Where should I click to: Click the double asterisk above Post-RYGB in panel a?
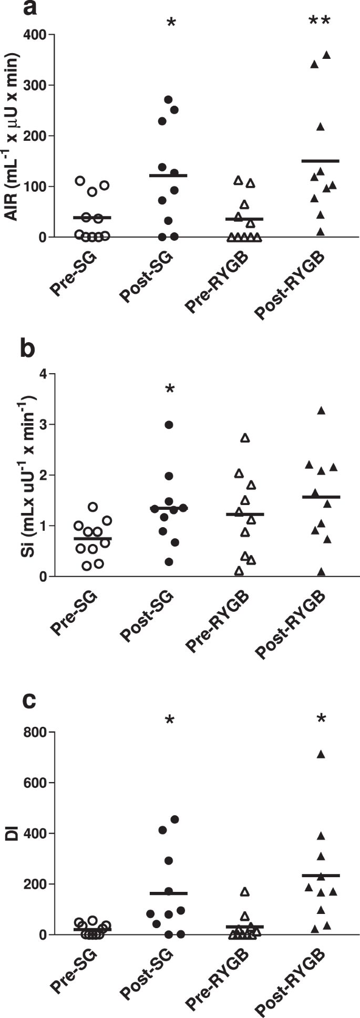(x=320, y=23)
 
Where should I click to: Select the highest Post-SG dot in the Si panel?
(x=169, y=425)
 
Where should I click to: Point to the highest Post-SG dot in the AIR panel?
(x=169, y=99)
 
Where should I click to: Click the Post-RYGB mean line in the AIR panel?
(x=320, y=161)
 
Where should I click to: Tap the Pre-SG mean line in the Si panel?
(x=92, y=539)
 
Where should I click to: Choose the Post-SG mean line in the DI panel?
(x=169, y=893)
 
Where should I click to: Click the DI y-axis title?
(x=12, y=834)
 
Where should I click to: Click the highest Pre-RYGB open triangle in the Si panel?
(x=245, y=438)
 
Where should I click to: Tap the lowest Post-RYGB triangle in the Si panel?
(x=321, y=572)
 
